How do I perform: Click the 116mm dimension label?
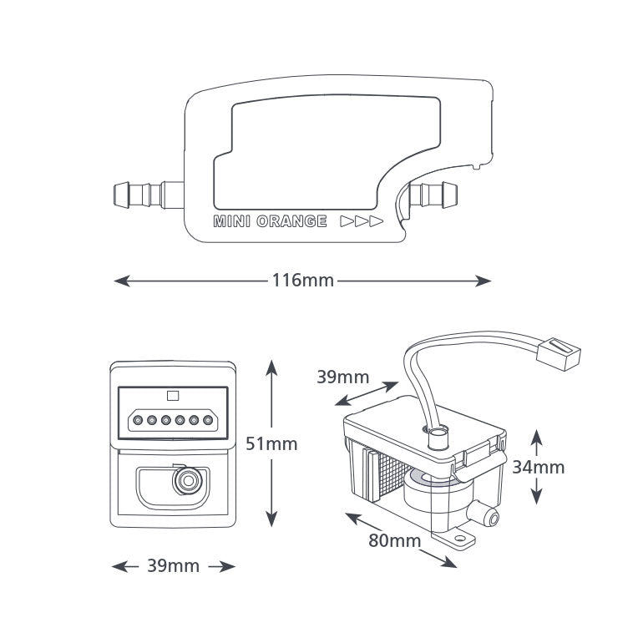pos(302,281)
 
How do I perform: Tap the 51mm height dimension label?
pos(271,443)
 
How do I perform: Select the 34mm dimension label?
pos(538,467)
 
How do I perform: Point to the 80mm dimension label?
pos(394,540)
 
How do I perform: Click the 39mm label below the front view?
pos(173,566)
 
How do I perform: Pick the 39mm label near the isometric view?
pos(342,377)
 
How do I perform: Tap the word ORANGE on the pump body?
pos(291,222)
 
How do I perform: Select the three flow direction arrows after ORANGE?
pos(361,222)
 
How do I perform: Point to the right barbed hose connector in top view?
pos(434,195)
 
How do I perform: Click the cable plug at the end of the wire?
pos(561,355)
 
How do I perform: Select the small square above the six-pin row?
pos(174,396)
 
